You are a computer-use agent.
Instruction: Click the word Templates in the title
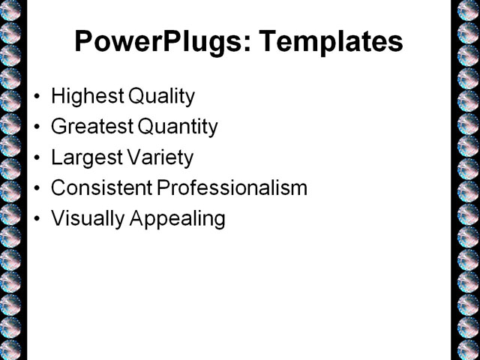(x=331, y=41)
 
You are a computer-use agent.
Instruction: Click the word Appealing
(x=178, y=219)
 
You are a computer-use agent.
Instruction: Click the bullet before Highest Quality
(x=38, y=97)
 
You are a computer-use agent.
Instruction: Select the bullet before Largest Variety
(x=38, y=159)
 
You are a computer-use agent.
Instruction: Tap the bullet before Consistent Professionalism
(x=38, y=189)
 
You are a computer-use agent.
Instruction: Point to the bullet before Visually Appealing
(x=38, y=220)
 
